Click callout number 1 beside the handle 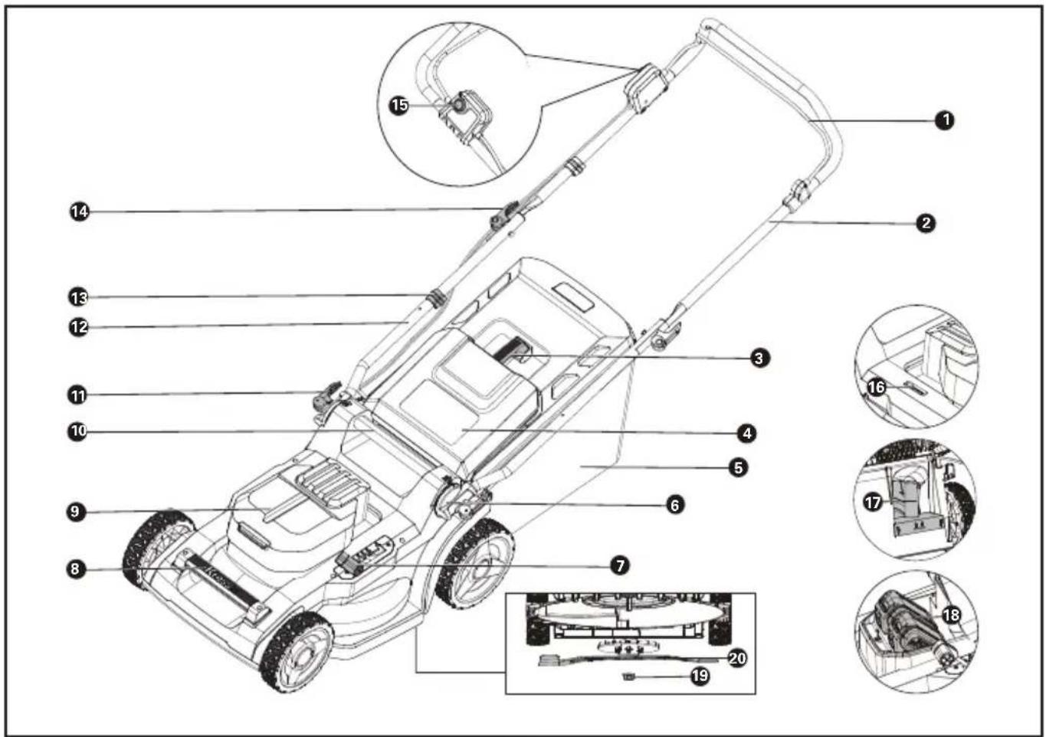click(945, 120)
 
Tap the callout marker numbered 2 click(926, 223)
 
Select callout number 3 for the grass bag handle click(759, 358)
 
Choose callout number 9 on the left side click(75, 512)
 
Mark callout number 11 click(77, 396)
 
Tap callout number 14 click(79, 211)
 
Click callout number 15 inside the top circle click(399, 105)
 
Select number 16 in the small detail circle click(877, 387)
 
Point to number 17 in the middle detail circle click(872, 503)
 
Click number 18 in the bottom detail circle click(951, 615)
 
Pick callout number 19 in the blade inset click(700, 676)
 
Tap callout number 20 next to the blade click(737, 658)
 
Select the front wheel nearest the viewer click(297, 652)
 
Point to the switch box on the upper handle click(646, 88)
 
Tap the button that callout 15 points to click(457, 105)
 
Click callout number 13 click(78, 296)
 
